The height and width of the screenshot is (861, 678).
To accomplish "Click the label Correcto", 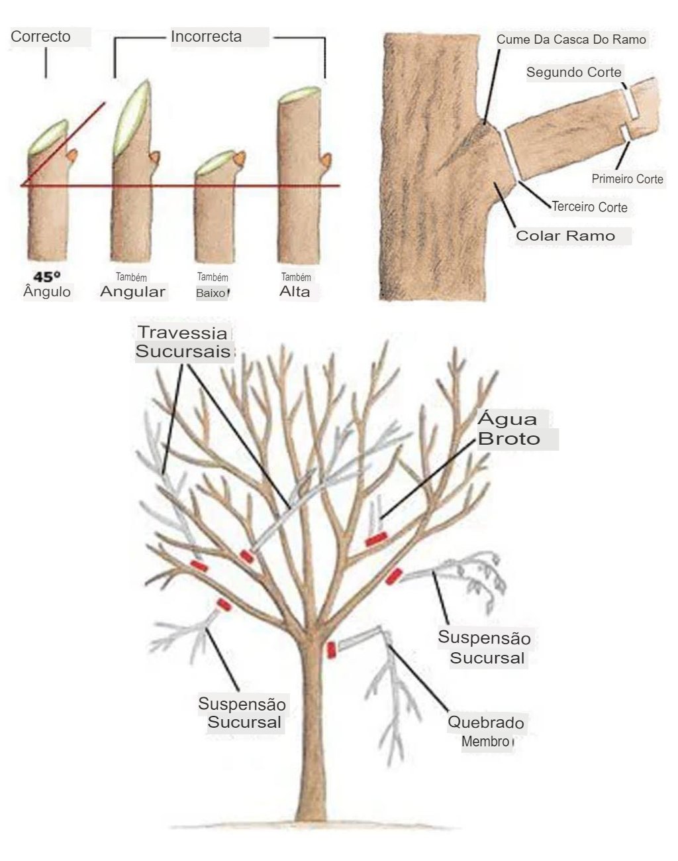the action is (x=40, y=36).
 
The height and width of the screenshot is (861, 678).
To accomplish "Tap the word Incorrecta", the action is (x=207, y=36).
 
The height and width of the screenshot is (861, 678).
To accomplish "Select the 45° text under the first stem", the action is (x=47, y=276).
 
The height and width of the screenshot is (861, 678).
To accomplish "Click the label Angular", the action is (x=132, y=291).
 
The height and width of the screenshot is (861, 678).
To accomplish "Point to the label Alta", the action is (x=295, y=291).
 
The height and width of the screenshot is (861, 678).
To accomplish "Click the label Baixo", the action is (x=211, y=293).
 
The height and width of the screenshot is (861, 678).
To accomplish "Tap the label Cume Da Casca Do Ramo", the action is (x=571, y=39).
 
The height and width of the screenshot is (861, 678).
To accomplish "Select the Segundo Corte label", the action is (x=573, y=72).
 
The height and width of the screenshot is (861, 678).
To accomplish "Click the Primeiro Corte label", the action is (x=627, y=179).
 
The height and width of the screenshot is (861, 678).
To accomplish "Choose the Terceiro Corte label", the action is (x=590, y=207).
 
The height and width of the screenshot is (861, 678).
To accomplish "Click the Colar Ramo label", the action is (x=565, y=235).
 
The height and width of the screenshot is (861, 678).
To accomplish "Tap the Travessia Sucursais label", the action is (x=183, y=341).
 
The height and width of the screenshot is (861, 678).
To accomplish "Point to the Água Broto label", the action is (x=509, y=429).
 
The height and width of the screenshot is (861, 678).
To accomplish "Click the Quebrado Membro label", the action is (x=486, y=732).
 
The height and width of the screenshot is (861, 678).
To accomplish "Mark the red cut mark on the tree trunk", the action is (x=331, y=650).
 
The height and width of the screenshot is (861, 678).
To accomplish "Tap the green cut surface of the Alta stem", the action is (x=300, y=95).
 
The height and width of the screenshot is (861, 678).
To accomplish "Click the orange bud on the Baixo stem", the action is (x=240, y=158).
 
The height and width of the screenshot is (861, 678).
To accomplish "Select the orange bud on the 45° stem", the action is (x=72, y=155).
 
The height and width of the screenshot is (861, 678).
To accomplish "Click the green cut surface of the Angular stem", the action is (x=132, y=119).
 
